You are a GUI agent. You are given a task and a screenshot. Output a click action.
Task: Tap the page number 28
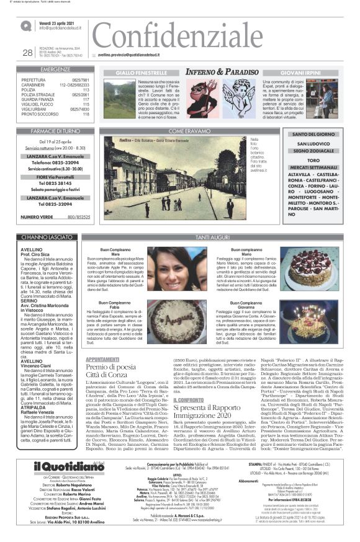[27, 53]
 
